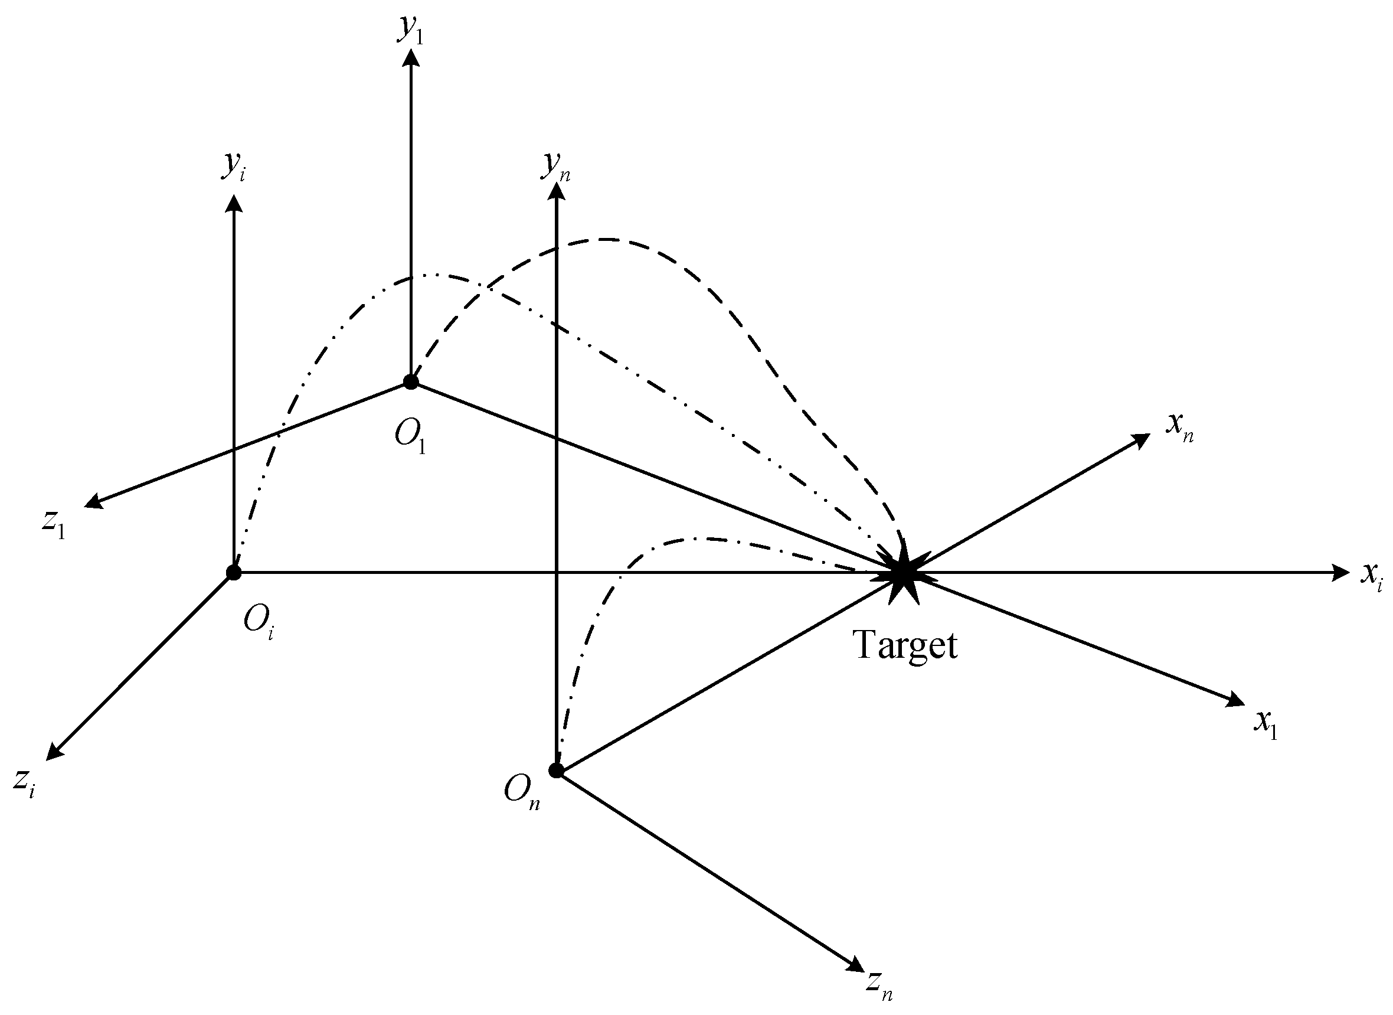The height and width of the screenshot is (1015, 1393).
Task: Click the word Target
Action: [906, 646]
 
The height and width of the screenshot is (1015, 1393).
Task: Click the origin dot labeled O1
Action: [411, 382]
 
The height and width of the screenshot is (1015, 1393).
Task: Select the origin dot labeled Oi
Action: [233, 573]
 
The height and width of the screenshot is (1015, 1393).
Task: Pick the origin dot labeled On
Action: [556, 771]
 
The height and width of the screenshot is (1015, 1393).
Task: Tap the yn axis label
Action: [555, 167]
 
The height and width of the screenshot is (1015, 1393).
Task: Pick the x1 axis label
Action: [1266, 725]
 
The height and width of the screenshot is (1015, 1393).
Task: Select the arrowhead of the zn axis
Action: [855, 965]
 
